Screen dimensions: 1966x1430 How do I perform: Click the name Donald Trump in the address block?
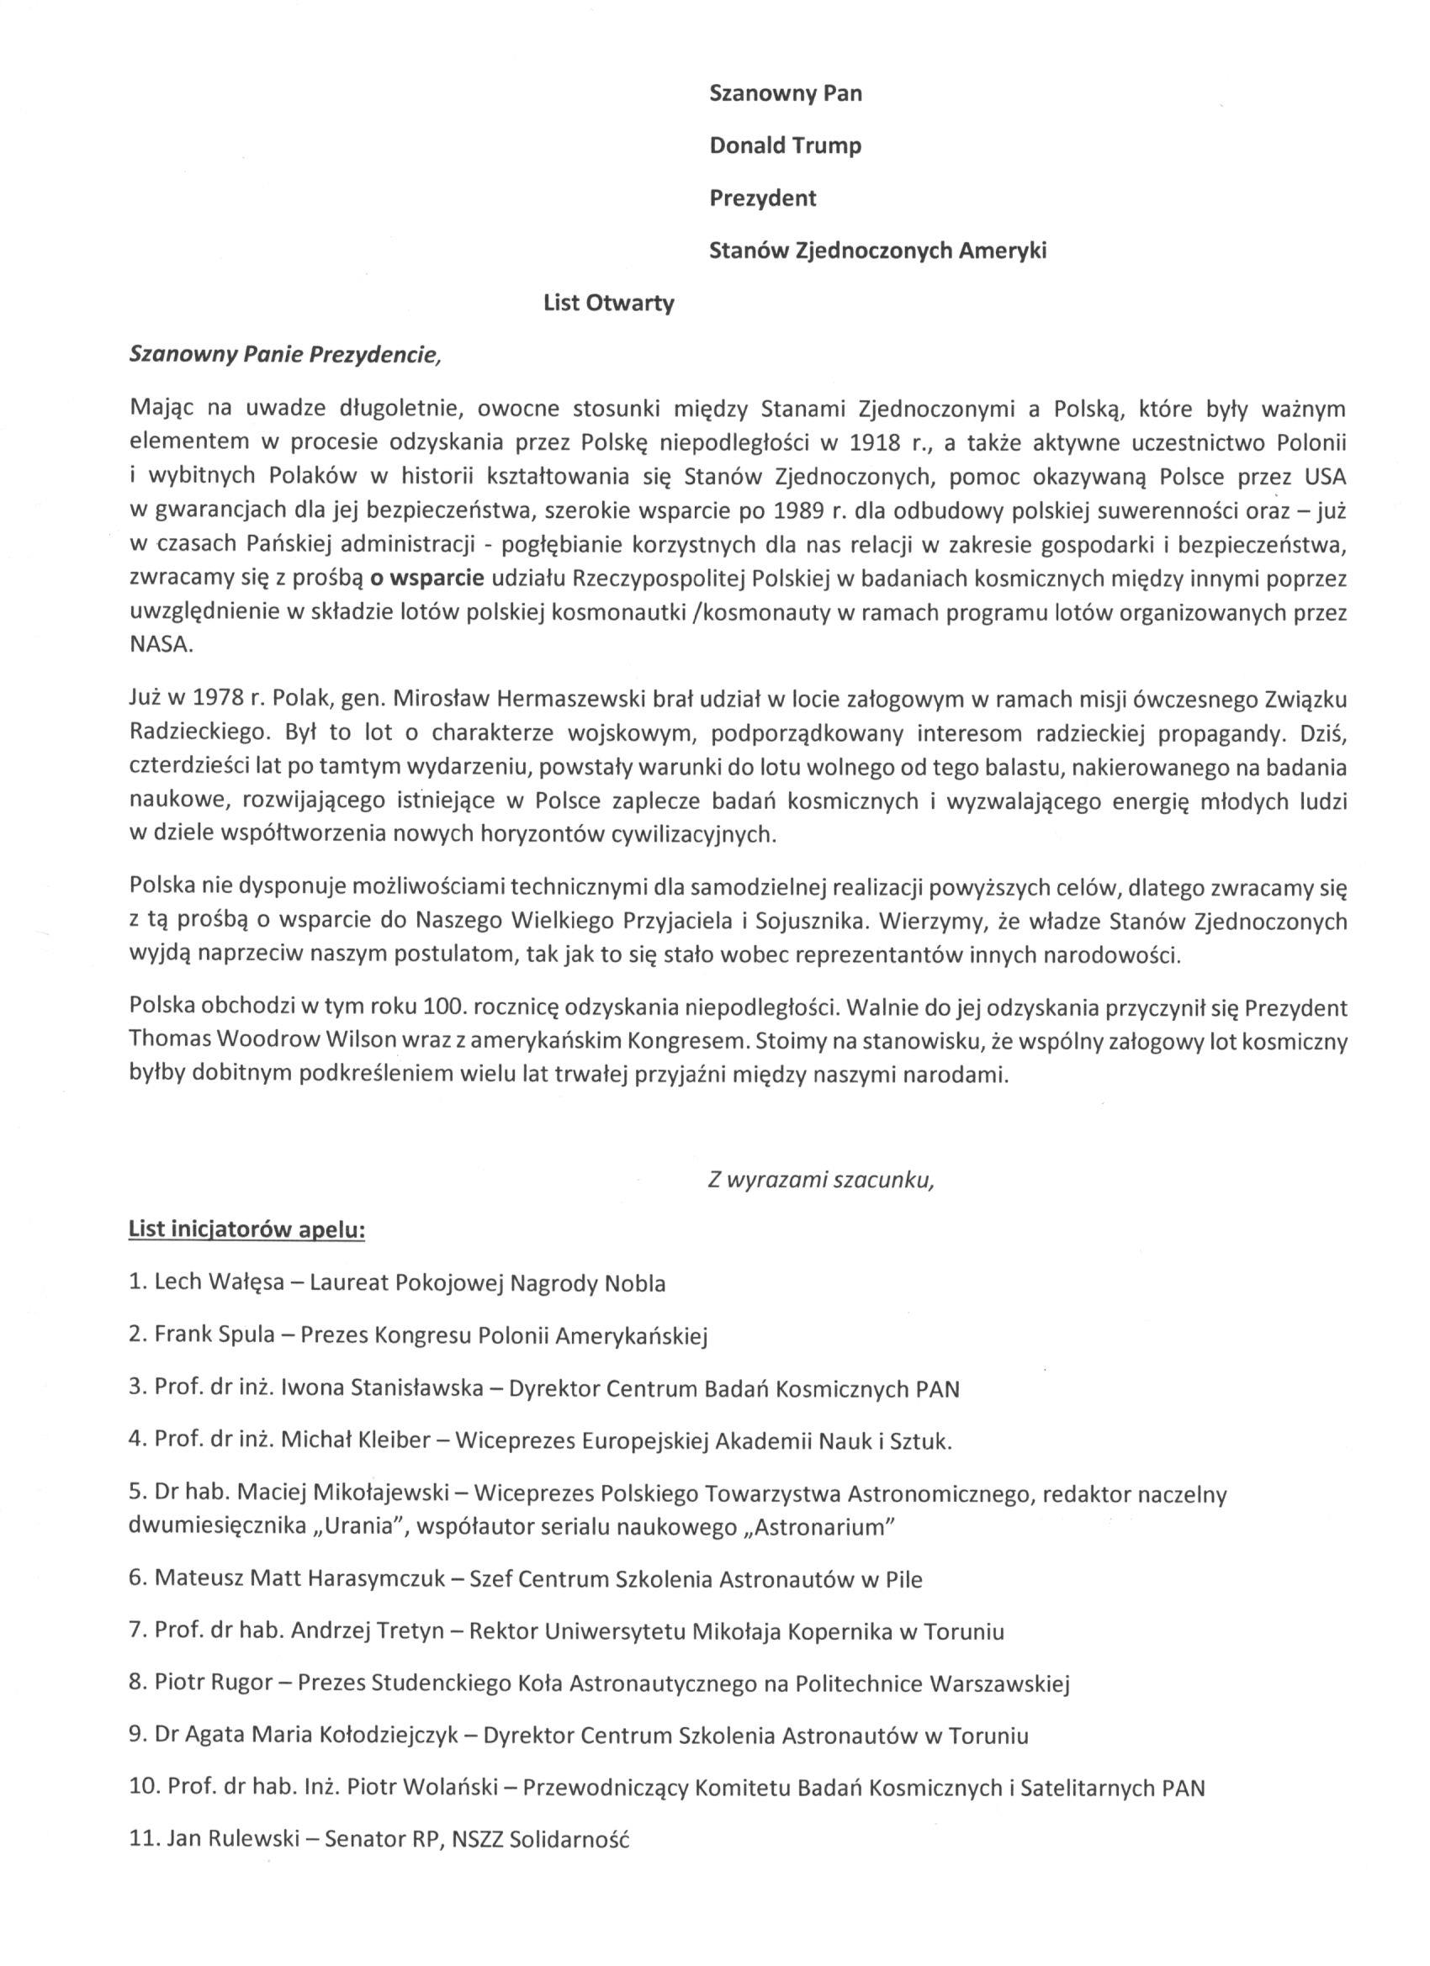pos(785,145)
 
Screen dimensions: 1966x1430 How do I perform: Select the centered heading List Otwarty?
pos(609,304)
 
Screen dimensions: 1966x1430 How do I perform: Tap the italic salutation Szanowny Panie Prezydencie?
pos(284,356)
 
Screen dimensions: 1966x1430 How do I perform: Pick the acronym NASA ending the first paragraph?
pos(159,646)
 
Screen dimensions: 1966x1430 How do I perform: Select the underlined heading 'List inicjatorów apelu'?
pos(246,1231)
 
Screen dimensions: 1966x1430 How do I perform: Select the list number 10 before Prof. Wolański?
pos(141,1789)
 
